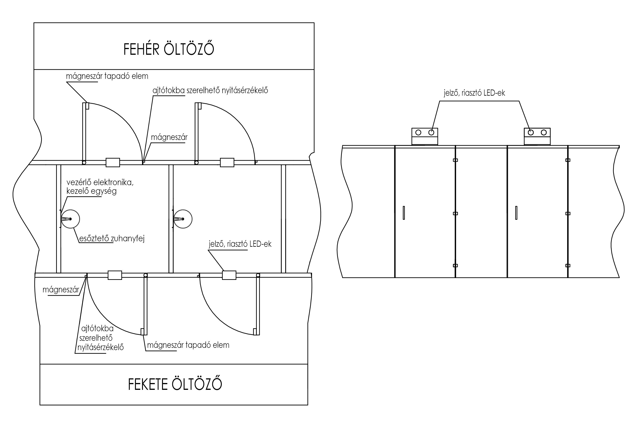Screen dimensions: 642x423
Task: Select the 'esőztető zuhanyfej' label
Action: pyautogui.click(x=112, y=239)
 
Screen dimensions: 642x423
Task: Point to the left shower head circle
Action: pyautogui.click(x=70, y=210)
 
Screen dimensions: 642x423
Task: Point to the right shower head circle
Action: pyautogui.click(x=183, y=210)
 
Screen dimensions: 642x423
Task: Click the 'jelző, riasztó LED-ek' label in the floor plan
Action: pyautogui.click(x=240, y=244)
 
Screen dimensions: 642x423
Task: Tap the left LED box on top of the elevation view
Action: pyautogui.click(x=425, y=137)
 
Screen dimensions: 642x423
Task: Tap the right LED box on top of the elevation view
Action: pyautogui.click(x=537, y=137)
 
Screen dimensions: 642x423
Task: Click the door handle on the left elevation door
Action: pyautogui.click(x=404, y=213)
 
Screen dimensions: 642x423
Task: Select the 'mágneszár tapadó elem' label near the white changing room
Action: pyautogui.click(x=107, y=76)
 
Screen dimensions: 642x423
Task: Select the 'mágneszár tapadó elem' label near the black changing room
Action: pyautogui.click(x=188, y=345)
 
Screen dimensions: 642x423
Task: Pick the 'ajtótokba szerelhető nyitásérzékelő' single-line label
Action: pyautogui.click(x=210, y=90)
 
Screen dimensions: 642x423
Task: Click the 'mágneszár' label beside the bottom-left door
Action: pyautogui.click(x=61, y=290)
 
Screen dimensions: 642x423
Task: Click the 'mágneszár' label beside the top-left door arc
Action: pyautogui.click(x=169, y=137)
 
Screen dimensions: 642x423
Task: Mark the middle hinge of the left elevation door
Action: pyautogui.click(x=455, y=213)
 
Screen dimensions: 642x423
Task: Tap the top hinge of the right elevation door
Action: pyautogui.click(x=568, y=160)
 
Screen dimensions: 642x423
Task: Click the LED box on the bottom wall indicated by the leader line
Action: pyautogui.click(x=229, y=275)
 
